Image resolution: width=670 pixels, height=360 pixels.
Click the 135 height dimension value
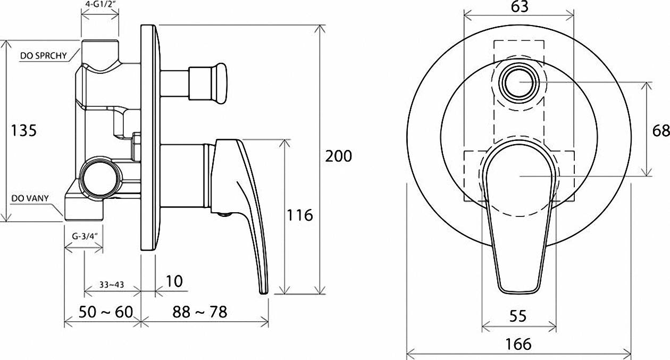(x=24, y=131)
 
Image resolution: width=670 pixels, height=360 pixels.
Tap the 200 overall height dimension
(x=339, y=156)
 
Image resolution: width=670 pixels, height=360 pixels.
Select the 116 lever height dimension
(x=300, y=215)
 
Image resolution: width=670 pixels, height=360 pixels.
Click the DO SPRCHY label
(x=44, y=56)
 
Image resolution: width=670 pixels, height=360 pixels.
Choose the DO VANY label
(x=30, y=198)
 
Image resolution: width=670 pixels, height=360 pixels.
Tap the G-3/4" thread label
(x=85, y=237)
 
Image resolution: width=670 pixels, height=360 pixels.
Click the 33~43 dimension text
(x=112, y=284)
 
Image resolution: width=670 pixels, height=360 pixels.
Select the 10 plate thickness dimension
(x=174, y=281)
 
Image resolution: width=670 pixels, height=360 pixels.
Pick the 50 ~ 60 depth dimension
(x=106, y=312)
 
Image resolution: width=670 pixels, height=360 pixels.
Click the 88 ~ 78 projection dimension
(x=200, y=312)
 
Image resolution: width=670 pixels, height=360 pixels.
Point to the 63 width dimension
(x=519, y=7)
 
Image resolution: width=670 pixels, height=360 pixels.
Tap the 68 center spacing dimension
(x=660, y=131)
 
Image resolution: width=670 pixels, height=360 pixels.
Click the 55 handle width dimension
(x=518, y=316)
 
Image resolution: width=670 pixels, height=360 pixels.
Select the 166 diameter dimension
(x=518, y=344)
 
